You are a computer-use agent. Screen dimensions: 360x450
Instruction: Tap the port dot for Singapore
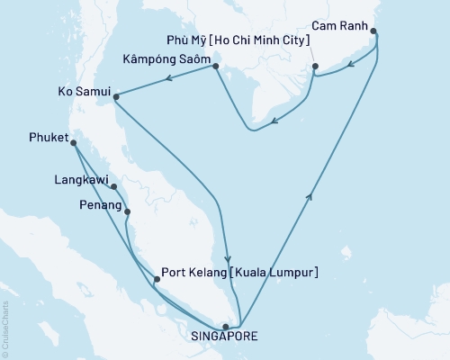coord(225,327)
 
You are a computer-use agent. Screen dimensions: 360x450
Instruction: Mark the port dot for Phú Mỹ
coord(315,66)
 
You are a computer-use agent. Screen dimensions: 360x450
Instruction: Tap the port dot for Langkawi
coord(114,187)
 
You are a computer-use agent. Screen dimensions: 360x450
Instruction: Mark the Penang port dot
coord(127,212)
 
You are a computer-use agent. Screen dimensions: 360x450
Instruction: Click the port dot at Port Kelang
coord(157,279)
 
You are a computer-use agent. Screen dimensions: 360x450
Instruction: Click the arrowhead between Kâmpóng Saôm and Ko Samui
coord(168,80)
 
